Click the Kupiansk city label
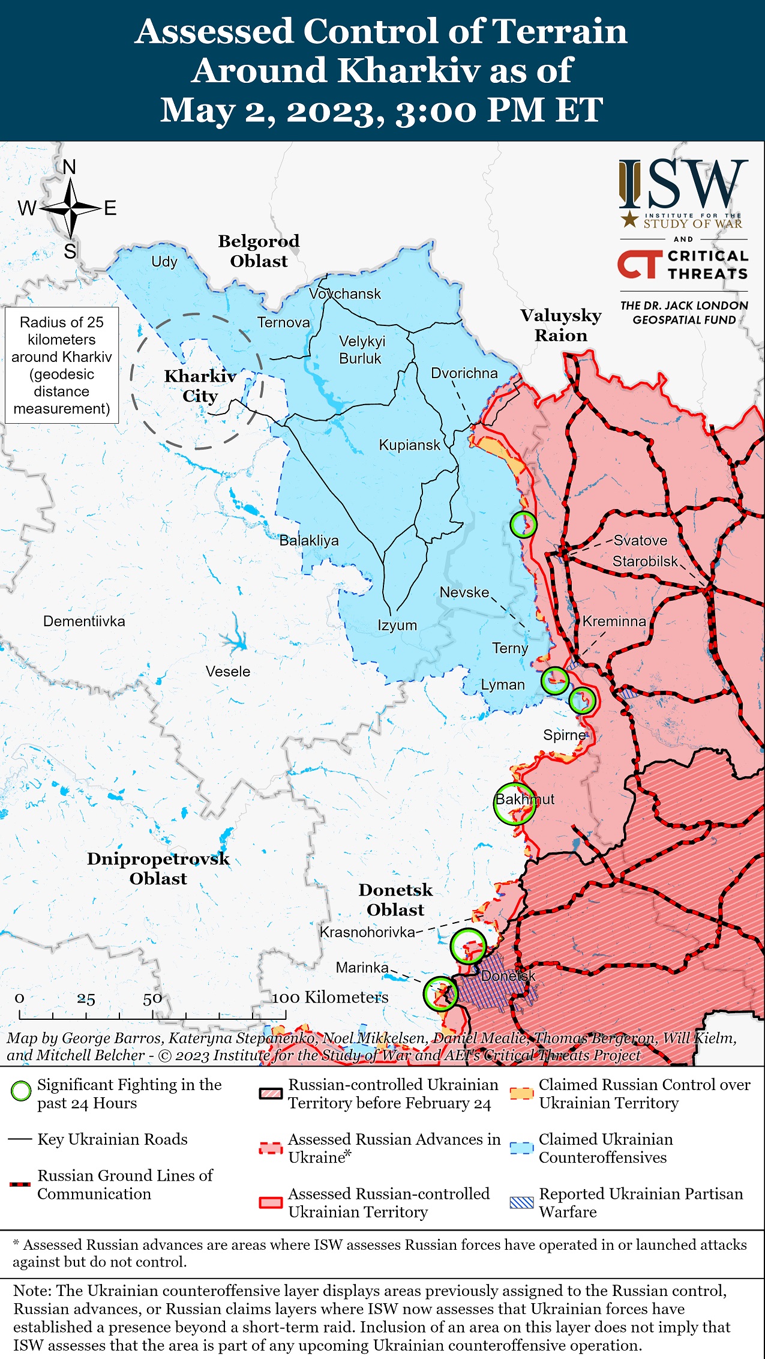click(x=409, y=445)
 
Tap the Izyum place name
click(x=397, y=625)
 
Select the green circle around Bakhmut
click(x=514, y=804)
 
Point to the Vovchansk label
click(x=345, y=294)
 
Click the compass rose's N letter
click(x=70, y=167)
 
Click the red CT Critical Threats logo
click(x=640, y=265)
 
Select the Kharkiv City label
click(x=200, y=386)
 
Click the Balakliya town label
click(x=309, y=540)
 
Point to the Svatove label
click(x=640, y=540)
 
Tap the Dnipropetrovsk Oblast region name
click(x=158, y=868)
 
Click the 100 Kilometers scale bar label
click(x=330, y=997)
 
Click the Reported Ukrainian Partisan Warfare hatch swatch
click(x=521, y=1202)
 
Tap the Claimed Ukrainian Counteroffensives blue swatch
click(x=521, y=1147)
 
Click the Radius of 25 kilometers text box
click(x=62, y=365)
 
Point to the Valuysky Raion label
click(x=560, y=325)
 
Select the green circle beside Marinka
click(x=440, y=994)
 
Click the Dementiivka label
click(x=84, y=621)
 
